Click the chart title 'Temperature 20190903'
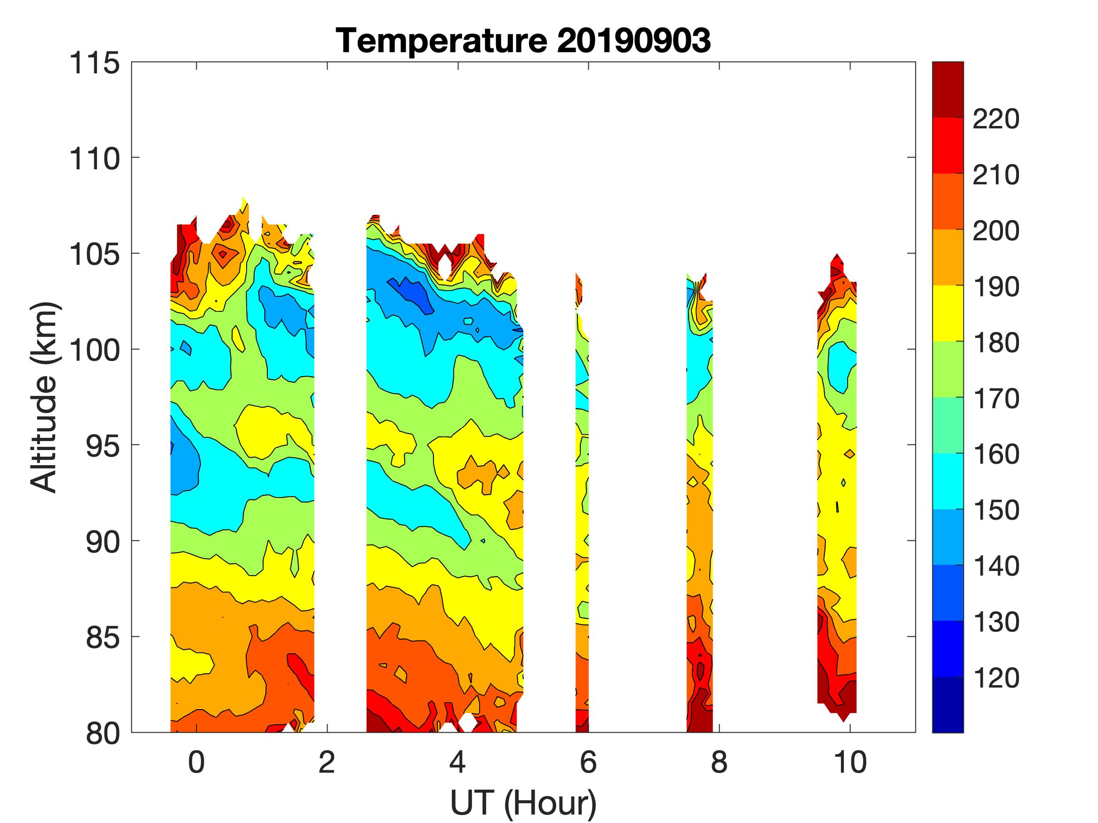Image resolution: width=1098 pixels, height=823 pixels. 523,40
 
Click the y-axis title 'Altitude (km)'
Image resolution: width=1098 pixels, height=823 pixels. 45,397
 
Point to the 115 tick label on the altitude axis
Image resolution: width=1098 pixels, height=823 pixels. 95,63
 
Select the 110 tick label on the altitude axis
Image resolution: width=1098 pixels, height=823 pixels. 95,159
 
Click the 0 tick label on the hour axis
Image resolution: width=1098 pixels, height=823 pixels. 197,762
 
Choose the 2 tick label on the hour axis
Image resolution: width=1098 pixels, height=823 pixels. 327,762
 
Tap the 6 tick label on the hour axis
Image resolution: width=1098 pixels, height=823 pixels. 588,762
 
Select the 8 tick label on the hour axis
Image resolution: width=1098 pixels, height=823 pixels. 719,762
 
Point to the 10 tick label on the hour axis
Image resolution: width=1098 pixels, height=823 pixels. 850,762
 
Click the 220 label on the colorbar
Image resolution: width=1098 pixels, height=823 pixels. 996,119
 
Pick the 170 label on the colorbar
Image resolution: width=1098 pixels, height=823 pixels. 996,399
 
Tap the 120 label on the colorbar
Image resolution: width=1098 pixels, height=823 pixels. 996,678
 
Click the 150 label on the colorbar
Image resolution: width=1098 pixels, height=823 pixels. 996,510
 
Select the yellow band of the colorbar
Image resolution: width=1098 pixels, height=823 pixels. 947,313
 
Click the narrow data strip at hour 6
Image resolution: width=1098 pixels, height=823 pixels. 582,496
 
